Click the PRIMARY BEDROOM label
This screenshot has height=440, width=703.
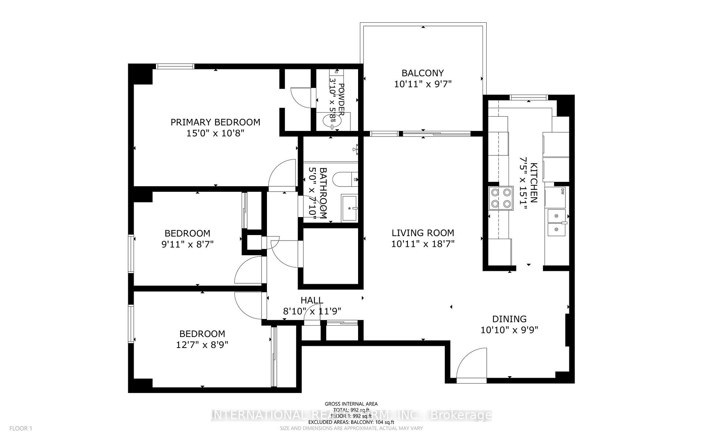215,122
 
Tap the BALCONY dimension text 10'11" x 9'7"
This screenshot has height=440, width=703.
423,84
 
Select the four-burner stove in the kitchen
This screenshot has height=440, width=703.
501,198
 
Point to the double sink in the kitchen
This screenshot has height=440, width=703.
557,223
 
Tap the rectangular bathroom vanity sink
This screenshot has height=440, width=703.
350,208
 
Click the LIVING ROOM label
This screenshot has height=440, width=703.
423,233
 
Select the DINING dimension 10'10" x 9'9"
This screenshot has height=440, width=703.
509,330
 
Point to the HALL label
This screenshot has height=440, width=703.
312,300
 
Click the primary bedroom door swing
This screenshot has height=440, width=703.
283,174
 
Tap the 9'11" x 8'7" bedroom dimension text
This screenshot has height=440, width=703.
187,244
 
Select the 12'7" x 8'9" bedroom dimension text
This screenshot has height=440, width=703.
202,345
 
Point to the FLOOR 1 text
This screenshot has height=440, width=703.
21,428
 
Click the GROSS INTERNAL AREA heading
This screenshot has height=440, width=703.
351,404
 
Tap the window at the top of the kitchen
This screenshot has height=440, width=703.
529,97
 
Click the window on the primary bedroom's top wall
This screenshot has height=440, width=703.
175,66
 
